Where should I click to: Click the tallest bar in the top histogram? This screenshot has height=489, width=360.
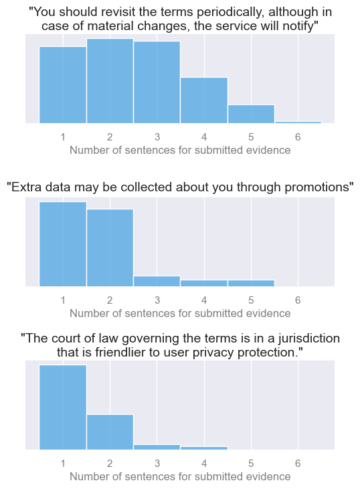click(x=110, y=81)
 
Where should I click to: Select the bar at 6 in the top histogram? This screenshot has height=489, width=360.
click(x=298, y=122)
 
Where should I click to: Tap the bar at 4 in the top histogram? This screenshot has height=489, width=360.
click(x=204, y=100)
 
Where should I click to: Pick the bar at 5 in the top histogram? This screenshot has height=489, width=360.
click(x=251, y=114)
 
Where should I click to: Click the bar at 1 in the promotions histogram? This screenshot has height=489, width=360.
click(x=63, y=244)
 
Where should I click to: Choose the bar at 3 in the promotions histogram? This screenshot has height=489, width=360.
click(x=157, y=282)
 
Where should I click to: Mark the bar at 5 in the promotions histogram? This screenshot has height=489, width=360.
click(x=251, y=284)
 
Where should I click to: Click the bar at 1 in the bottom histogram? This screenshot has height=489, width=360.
click(x=63, y=407)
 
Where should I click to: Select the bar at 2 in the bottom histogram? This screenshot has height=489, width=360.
click(x=110, y=431)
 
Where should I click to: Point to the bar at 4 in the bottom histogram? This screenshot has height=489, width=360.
click(x=204, y=448)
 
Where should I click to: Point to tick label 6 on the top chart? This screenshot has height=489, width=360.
click(x=298, y=136)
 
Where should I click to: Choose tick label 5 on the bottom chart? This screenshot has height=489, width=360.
click(x=251, y=463)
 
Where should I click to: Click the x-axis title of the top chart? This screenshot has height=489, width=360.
click(x=180, y=150)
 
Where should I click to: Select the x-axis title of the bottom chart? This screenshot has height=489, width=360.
click(x=180, y=476)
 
